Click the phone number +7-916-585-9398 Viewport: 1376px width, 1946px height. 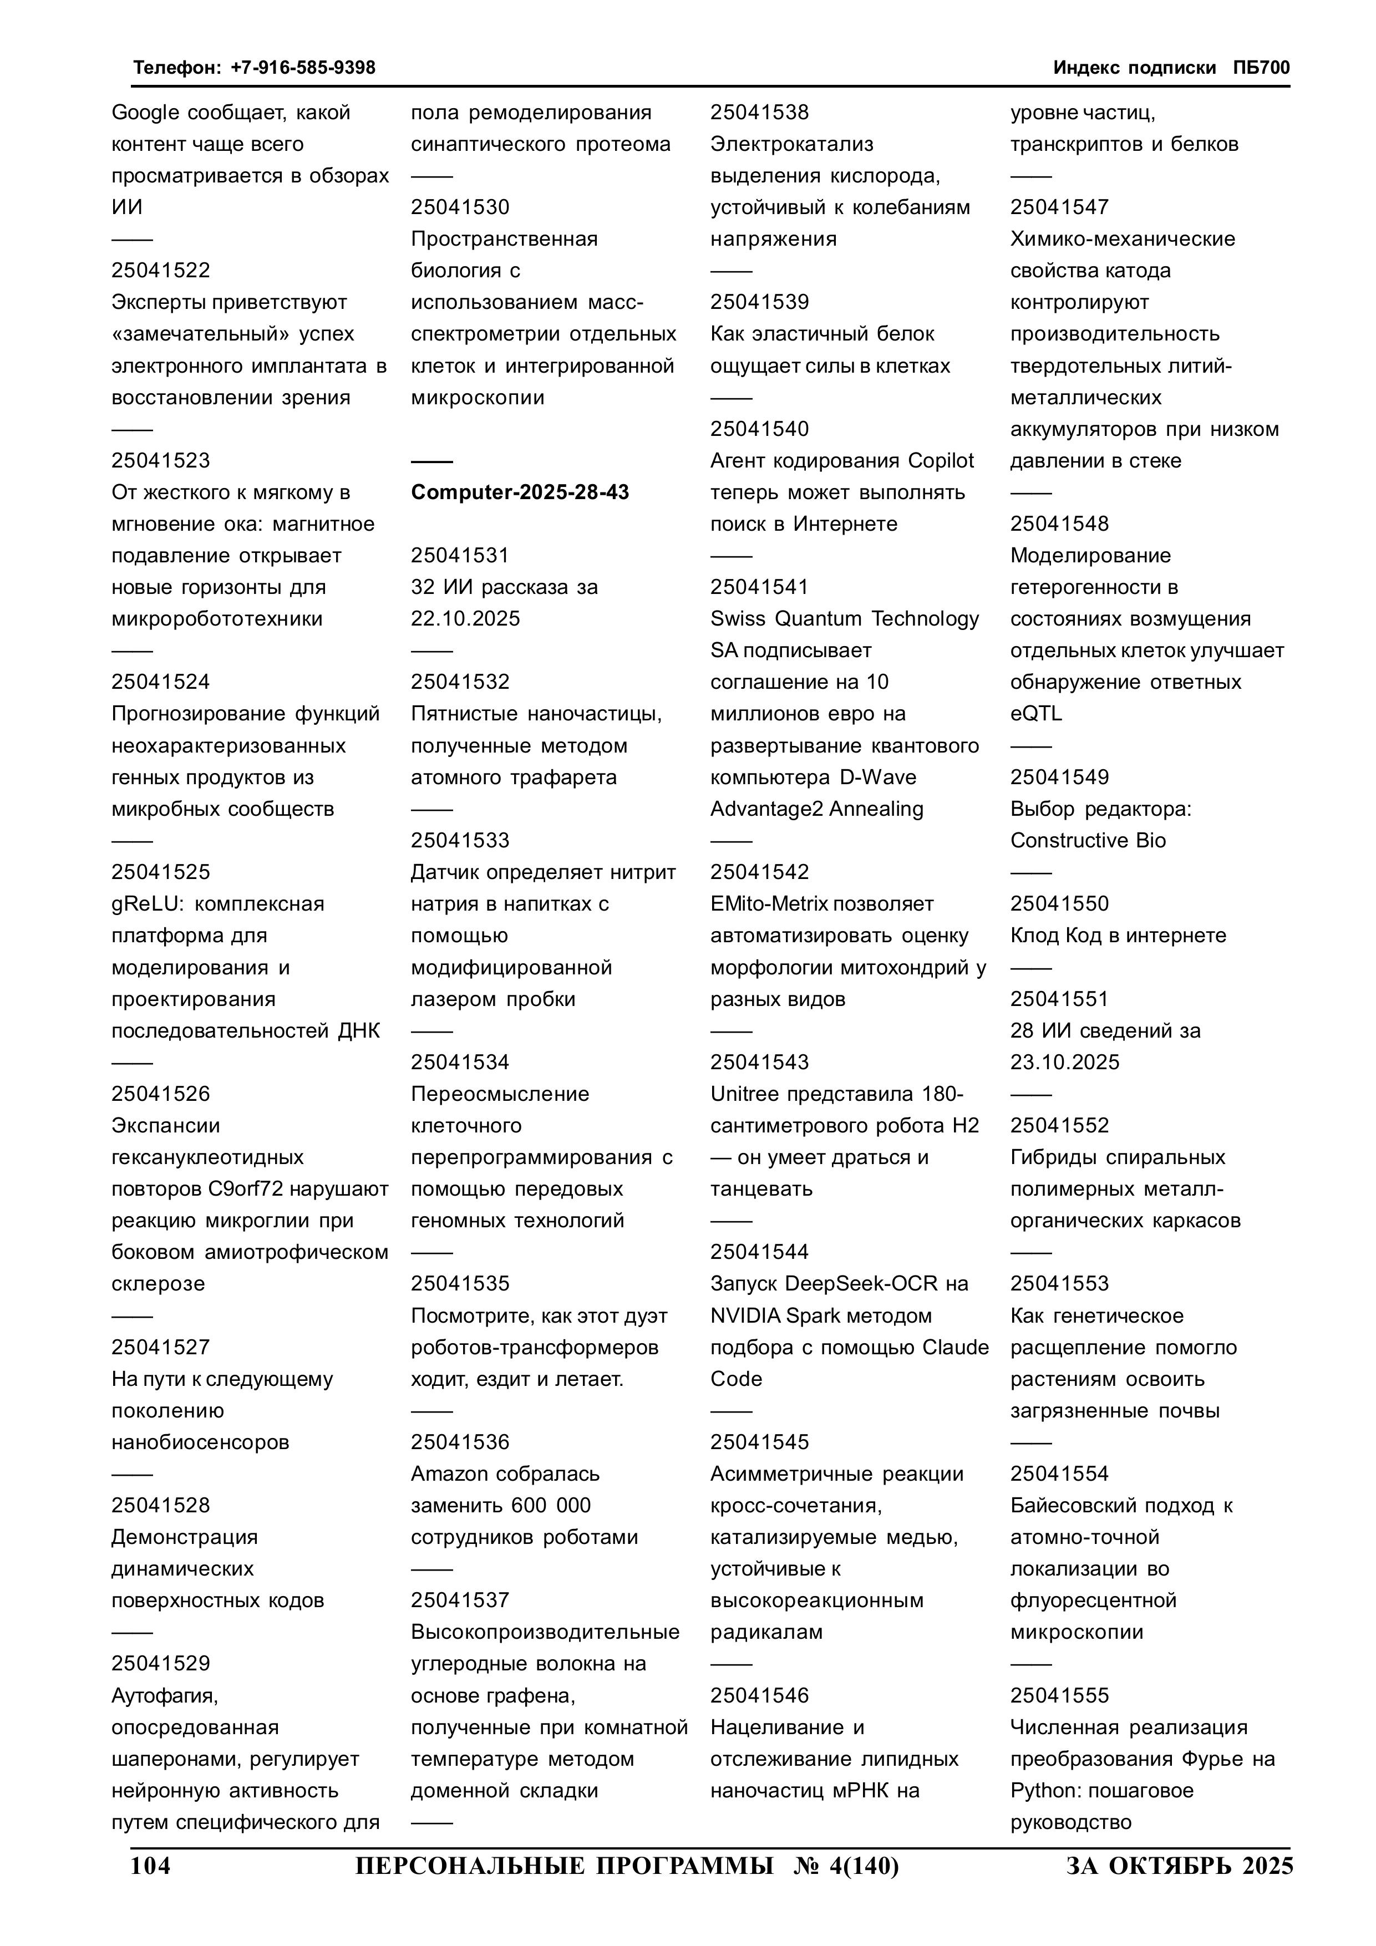tap(303, 68)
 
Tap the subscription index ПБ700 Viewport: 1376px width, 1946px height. tap(1262, 68)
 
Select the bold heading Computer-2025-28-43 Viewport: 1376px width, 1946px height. tap(520, 492)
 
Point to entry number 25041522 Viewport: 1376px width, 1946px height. tap(160, 271)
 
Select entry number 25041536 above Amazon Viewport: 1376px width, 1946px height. tap(460, 1442)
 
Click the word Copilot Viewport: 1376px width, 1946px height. tap(940, 461)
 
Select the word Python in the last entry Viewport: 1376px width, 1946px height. tap(1040, 1791)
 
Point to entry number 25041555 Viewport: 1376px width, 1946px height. tap(1059, 1695)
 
